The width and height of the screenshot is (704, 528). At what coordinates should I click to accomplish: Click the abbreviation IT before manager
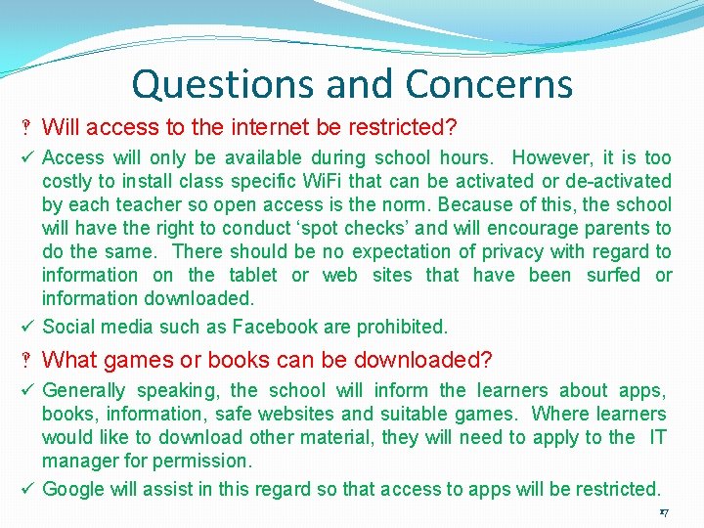657,437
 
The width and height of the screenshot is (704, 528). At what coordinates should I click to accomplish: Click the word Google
74,489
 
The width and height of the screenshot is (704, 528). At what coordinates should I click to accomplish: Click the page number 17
664,512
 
